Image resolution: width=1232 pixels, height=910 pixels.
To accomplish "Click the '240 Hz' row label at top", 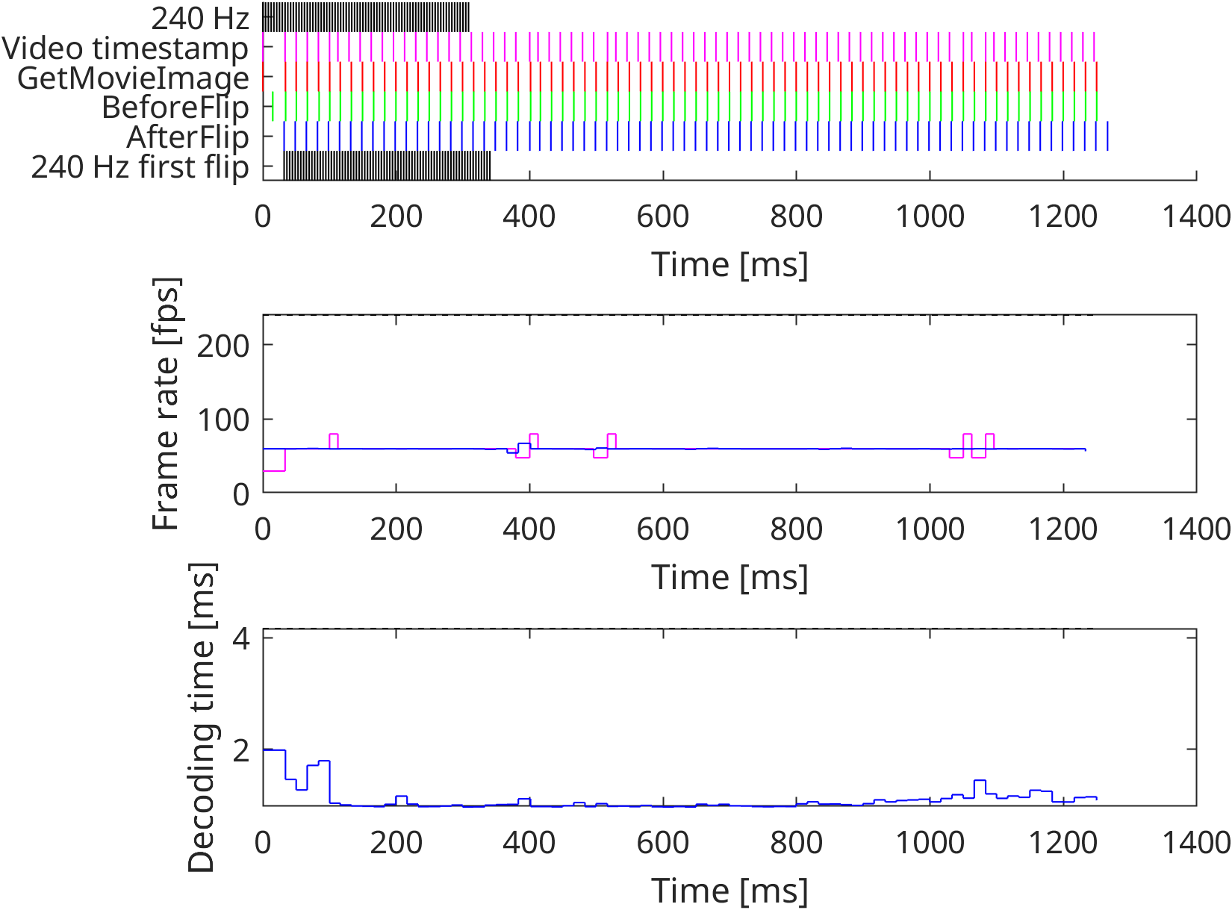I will [x=200, y=19].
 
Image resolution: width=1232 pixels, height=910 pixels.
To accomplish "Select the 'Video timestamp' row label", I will [x=125, y=49].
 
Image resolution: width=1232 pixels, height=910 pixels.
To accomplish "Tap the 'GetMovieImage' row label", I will [x=133, y=78].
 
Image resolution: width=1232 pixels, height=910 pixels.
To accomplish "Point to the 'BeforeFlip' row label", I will [x=175, y=107].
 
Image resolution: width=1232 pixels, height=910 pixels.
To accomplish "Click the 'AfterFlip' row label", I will [x=187, y=137].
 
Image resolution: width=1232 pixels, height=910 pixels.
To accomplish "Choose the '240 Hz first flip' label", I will [x=140, y=167].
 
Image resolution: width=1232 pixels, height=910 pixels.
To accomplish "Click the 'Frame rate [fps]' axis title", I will [x=166, y=404].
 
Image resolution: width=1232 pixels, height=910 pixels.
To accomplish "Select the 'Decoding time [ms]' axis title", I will [x=201, y=717].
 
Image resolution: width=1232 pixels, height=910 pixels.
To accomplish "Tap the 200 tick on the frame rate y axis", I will [x=223, y=346].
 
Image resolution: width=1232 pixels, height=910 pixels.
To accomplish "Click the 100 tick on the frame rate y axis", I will [x=223, y=420].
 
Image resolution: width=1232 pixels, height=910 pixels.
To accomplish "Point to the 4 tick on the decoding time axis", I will [x=240, y=639].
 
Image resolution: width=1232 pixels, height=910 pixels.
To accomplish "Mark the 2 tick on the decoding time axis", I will [x=240, y=749].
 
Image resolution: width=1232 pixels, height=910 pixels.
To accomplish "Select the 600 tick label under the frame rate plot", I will [x=663, y=530].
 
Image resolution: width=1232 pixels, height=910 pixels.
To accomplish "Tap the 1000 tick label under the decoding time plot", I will [x=930, y=844].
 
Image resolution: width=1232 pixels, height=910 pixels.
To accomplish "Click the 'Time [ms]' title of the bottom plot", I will [x=729, y=891].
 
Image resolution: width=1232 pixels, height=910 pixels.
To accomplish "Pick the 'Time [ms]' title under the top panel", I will [x=729, y=265].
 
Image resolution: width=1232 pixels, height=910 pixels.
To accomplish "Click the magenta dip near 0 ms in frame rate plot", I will [x=274, y=470].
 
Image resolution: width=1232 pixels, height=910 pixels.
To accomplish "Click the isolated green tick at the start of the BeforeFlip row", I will [x=273, y=107].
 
